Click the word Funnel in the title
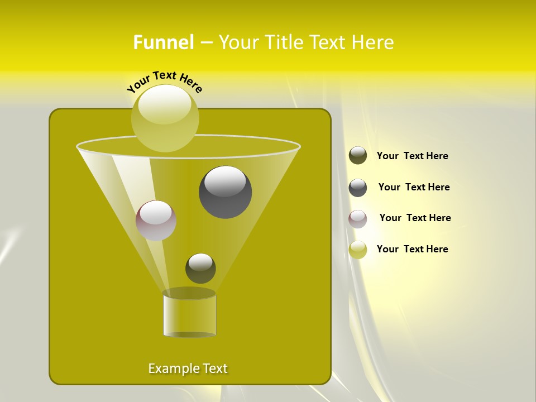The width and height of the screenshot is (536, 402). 164,42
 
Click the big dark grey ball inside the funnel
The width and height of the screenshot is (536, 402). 226,192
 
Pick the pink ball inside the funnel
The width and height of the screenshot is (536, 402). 156,221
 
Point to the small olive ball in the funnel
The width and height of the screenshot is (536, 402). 200,269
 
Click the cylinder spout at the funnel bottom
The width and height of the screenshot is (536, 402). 189,314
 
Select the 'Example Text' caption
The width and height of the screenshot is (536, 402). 188,368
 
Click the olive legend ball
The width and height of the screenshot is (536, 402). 358,156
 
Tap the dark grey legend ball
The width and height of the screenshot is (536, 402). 358,188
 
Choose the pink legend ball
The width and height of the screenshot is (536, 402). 358,219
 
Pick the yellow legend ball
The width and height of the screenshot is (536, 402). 358,250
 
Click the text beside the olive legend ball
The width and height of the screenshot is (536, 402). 412,156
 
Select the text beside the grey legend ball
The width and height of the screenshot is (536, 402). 414,187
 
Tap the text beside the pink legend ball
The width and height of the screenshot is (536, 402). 415,218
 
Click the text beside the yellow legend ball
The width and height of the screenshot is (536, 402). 412,249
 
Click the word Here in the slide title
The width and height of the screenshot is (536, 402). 374,42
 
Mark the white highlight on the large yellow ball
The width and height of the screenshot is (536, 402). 165,108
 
